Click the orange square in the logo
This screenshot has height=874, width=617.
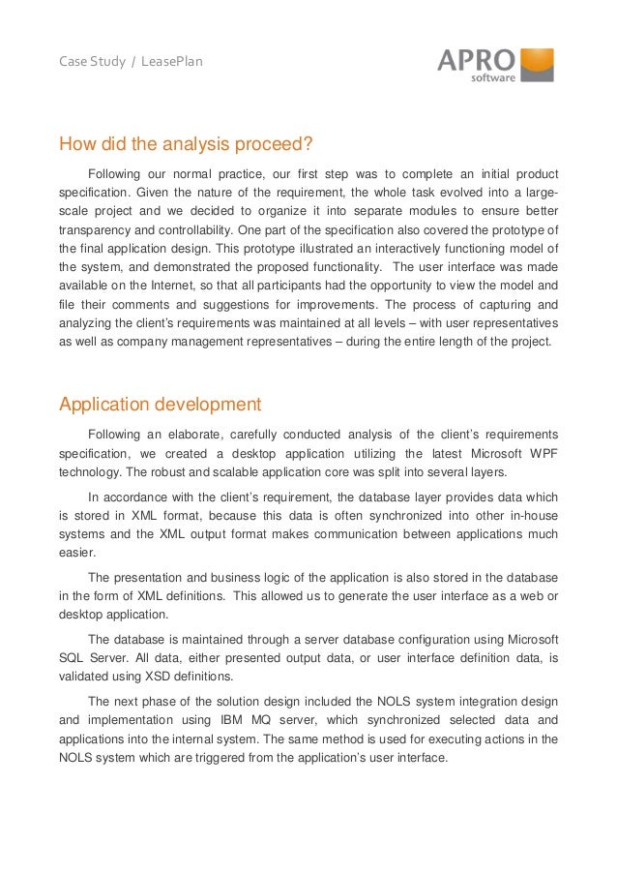click(x=538, y=64)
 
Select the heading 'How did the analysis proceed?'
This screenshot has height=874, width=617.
click(x=186, y=146)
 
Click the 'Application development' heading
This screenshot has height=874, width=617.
click(x=160, y=404)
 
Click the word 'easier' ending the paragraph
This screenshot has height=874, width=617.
click(x=78, y=553)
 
